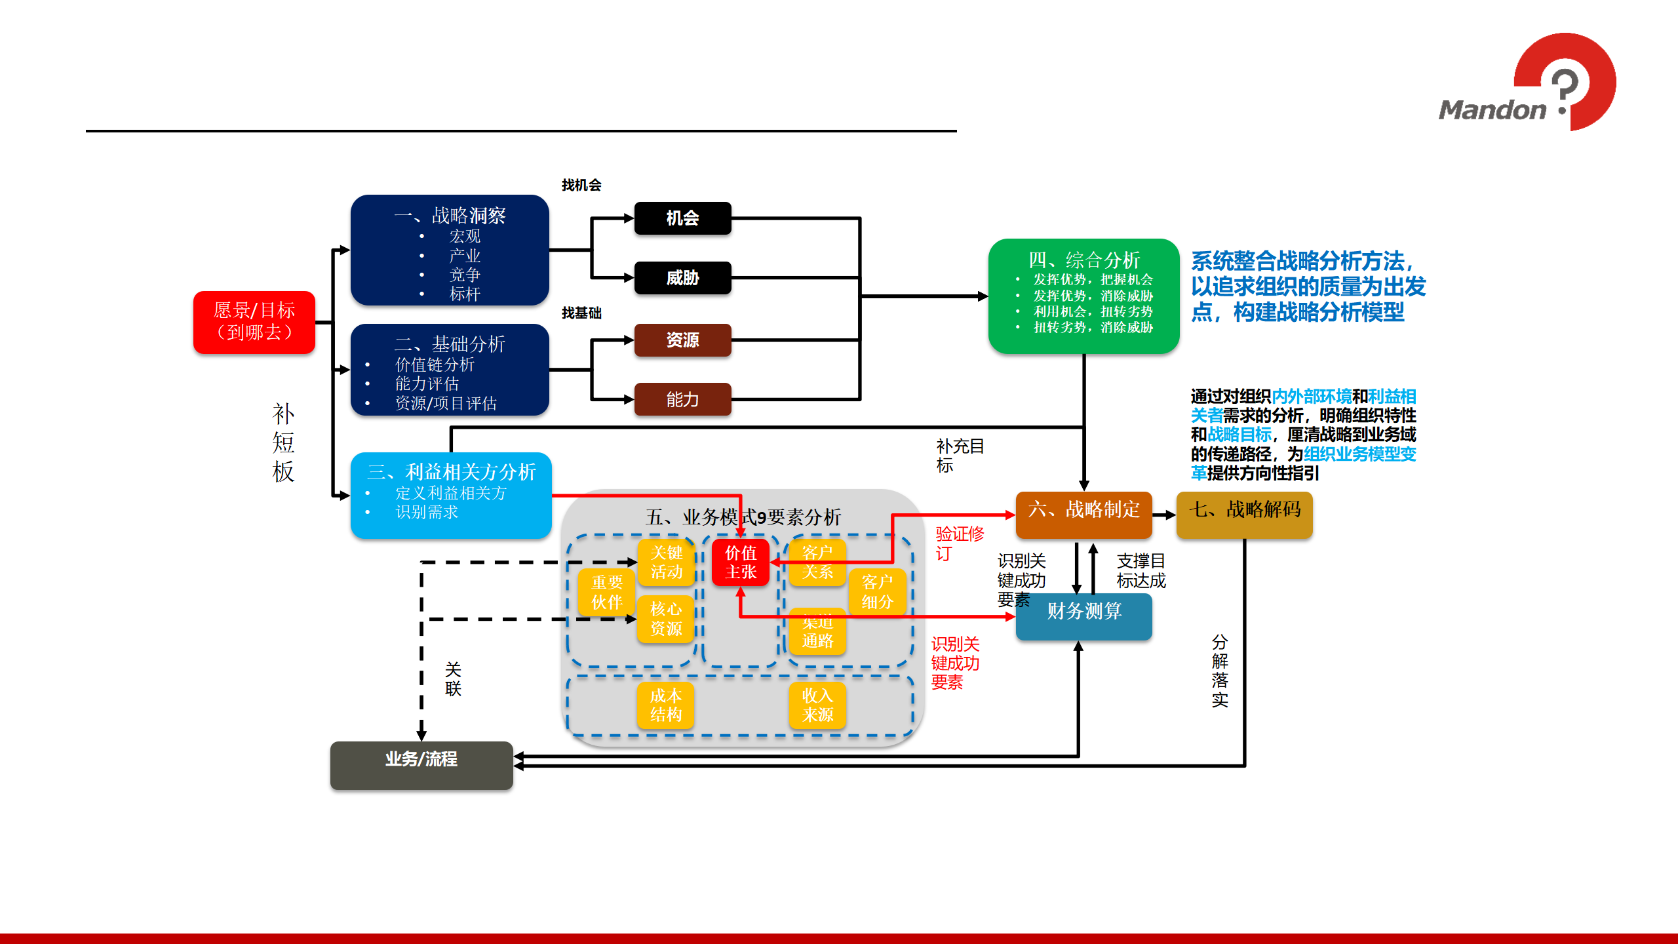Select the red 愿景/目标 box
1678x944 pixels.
tap(254, 322)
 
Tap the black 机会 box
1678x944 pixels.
tap(682, 218)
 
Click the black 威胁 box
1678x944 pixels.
tap(682, 278)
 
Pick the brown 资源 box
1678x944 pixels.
tap(682, 340)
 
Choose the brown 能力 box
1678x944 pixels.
tap(682, 399)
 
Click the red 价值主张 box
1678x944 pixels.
tap(741, 562)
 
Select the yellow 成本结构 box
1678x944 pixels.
tap(665, 705)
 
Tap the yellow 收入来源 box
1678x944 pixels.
tap(817, 705)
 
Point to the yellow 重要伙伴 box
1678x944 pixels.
tap(606, 592)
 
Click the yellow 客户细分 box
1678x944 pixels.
tap(877, 592)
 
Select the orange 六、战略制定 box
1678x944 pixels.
tap(1083, 510)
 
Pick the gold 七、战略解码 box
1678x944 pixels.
tap(1244, 510)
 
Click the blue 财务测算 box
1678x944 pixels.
tap(1083, 612)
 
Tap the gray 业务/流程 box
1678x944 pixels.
tap(421, 760)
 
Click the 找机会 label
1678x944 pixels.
tap(581, 186)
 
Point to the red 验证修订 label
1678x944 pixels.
tap(959, 543)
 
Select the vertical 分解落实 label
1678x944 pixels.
tap(1220, 671)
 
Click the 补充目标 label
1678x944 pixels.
tap(960, 456)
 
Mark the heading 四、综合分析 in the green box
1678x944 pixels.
tap(1083, 260)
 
